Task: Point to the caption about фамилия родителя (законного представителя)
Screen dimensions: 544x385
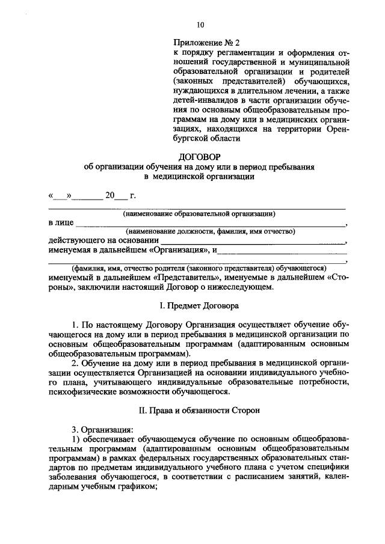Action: coord(199,268)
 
